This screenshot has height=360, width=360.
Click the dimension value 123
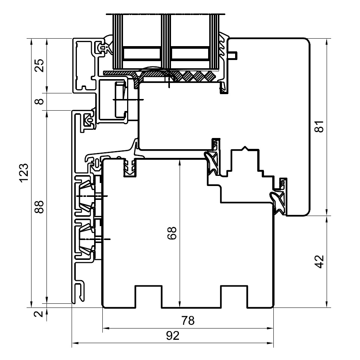[24, 173]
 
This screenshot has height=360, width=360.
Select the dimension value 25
[39, 65]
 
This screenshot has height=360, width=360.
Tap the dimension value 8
[39, 101]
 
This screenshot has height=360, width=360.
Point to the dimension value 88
[39, 207]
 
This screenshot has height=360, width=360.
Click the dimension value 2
[39, 313]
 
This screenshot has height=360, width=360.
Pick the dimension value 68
[172, 233]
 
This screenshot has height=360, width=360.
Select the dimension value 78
[188, 321]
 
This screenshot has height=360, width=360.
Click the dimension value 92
[172, 336]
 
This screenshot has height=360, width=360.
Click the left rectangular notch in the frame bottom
[148, 297]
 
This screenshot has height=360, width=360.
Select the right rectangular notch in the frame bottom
[234, 297]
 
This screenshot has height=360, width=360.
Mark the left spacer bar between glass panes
[142, 54]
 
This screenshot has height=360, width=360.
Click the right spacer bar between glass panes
[190, 54]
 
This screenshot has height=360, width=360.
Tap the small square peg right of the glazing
[232, 55]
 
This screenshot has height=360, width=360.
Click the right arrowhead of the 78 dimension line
[270, 328]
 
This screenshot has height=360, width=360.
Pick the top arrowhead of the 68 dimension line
[180, 162]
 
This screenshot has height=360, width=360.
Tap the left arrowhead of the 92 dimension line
[75, 343]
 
